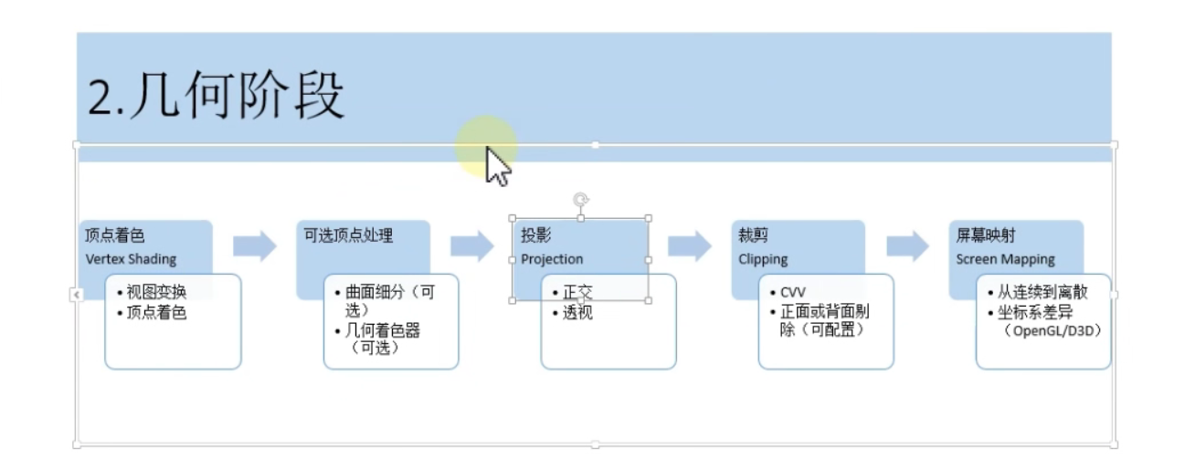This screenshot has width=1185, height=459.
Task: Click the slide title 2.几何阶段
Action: point(216,96)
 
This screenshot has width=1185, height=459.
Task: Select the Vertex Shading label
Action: point(131,259)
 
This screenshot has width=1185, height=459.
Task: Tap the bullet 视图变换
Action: point(158,292)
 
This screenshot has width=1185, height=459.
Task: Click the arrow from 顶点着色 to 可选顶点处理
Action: point(254,245)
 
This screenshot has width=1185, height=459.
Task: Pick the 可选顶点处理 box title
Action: point(348,235)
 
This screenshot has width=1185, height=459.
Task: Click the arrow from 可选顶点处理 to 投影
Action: point(471,245)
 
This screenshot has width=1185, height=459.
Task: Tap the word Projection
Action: point(552,259)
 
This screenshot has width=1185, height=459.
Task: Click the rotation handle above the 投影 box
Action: point(579,199)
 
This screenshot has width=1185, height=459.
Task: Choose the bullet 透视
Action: point(577,313)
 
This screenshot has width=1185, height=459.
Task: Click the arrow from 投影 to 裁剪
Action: point(689,245)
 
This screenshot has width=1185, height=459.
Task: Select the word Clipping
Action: point(763,259)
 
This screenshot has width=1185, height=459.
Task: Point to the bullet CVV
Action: point(793,292)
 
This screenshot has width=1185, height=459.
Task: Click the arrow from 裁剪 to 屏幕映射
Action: point(907,245)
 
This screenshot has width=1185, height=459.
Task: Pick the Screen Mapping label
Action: point(1005,259)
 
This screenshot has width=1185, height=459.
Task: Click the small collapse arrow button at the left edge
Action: point(76,294)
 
